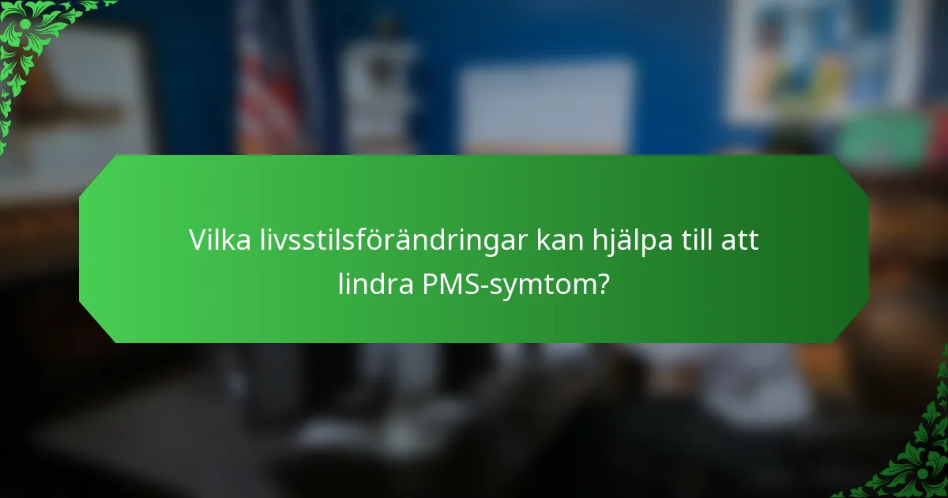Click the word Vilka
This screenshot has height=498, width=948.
213,240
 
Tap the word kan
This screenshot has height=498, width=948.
559,240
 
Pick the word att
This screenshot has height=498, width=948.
740,240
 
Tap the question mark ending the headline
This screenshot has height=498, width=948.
603,283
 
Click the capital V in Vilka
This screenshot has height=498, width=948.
196,240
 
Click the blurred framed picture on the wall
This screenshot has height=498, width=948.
822,55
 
